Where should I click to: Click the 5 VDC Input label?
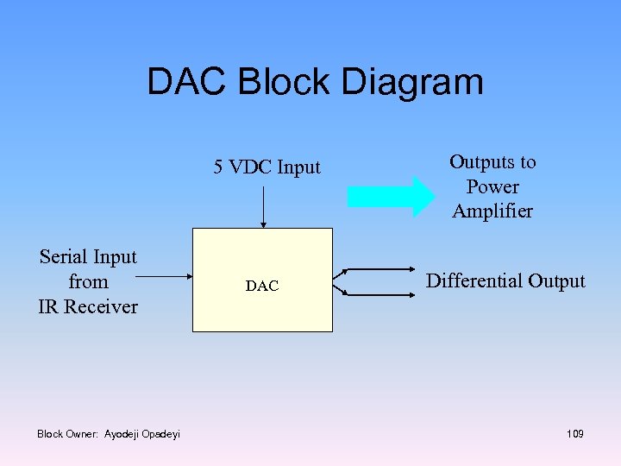tap(267, 167)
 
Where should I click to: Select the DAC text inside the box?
tap(262, 286)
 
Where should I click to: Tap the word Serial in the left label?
tap(62, 257)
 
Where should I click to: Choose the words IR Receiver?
tap(88, 306)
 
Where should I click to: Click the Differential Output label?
tap(505, 281)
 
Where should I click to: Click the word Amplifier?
tap(492, 211)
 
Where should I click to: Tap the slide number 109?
tap(575, 434)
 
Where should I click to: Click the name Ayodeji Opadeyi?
tap(142, 434)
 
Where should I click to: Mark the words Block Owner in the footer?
tap(68, 434)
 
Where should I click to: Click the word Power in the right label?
tap(492, 186)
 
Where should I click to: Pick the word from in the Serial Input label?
tap(88, 282)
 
